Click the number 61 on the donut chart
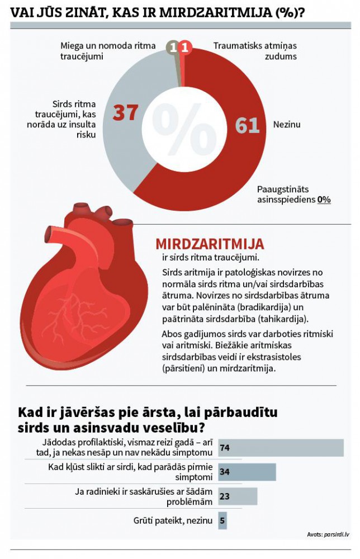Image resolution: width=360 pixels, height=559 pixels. [248, 125]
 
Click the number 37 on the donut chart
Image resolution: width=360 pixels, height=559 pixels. [125, 112]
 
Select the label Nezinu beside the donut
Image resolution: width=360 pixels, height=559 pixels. [286, 125]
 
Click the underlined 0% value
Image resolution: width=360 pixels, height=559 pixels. [324, 200]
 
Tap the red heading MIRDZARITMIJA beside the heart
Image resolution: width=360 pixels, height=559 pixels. [210, 244]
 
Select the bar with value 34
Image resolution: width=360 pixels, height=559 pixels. [247, 472]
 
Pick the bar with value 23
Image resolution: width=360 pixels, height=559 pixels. [238, 496]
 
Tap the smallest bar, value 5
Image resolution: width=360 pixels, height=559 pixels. [222, 520]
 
